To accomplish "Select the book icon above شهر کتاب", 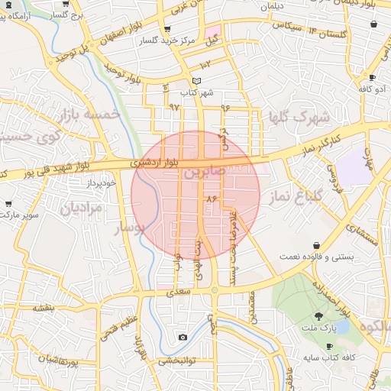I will (x=197, y=81).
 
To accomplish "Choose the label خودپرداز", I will (x=100, y=183).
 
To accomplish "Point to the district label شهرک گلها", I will (x=298, y=118).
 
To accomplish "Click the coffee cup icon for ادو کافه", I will (x=372, y=78).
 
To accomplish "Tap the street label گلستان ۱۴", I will (x=328, y=32).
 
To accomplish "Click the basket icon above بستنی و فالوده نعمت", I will (x=316, y=245).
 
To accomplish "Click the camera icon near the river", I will (x=183, y=337).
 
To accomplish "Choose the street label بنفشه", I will (x=43, y=307).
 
